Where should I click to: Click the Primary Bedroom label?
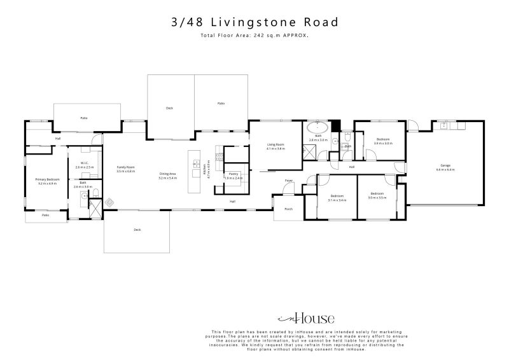coord(48,179)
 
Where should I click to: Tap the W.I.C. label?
coord(83,164)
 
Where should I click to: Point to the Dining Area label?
coord(167,174)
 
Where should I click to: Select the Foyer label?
coord(288,181)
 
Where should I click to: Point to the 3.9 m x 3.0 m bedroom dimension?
coord(383,143)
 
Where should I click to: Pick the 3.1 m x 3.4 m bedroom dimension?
coord(337,200)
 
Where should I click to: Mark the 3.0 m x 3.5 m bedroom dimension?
coord(377,197)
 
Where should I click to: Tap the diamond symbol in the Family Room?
coord(109,203)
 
